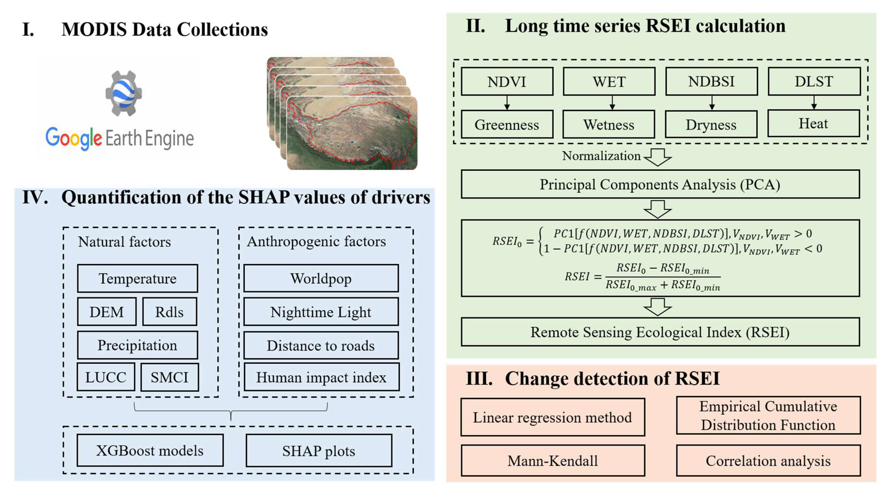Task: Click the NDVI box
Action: [507, 82]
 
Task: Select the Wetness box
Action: [608, 124]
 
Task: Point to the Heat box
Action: [813, 123]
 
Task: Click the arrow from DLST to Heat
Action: [814, 103]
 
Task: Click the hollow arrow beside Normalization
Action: [657, 157]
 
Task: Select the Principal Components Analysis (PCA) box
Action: [660, 184]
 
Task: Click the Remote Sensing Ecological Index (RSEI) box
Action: [660, 332]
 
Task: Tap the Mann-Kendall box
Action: [553, 461]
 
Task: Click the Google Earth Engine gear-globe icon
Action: [124, 93]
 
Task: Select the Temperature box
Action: [137, 278]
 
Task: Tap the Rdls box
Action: [170, 312]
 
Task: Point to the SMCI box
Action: [170, 377]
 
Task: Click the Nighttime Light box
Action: [321, 312]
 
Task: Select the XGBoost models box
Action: [150, 450]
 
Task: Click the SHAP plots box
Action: [319, 450]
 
